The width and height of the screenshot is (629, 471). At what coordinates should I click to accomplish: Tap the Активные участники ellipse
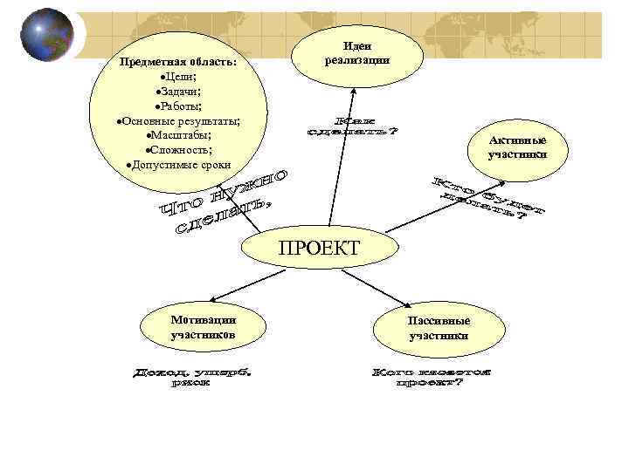point(518,147)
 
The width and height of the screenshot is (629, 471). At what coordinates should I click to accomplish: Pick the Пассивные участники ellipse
point(439,328)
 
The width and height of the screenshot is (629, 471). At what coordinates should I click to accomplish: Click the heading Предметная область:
point(178,63)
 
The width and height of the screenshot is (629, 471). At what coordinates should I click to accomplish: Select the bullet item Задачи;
point(178,92)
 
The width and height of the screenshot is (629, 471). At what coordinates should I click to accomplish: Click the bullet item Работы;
point(178,106)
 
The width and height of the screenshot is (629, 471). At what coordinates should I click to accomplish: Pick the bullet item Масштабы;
point(178,135)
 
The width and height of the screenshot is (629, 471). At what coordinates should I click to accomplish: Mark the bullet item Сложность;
point(178,149)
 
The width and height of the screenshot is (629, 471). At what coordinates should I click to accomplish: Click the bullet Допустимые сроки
point(178,164)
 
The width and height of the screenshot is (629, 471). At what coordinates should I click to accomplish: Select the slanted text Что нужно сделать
point(225,203)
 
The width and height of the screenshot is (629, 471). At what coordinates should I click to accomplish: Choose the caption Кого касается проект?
point(432,377)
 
